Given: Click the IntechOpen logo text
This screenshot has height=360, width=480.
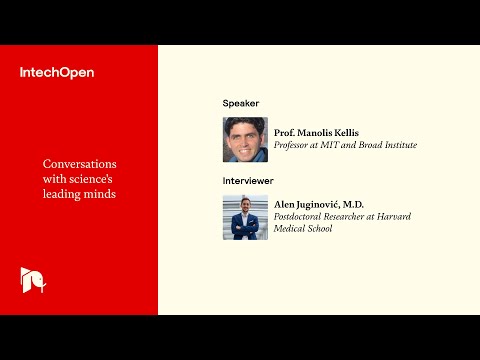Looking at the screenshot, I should coord(57,72).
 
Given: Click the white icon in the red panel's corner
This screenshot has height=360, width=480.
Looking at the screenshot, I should coord(32,280).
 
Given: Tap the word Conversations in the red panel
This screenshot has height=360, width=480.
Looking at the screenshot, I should coord(80,164).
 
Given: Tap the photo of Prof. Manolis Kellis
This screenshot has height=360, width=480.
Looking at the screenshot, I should coord(245,139).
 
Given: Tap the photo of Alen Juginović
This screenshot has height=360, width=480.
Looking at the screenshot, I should coord(245,217).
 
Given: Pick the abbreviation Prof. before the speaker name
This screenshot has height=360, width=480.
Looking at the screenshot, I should coord(285,132).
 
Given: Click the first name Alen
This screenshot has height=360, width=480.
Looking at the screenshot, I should coord(285,203).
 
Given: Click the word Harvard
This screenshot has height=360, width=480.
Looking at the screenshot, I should coord(395,216).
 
